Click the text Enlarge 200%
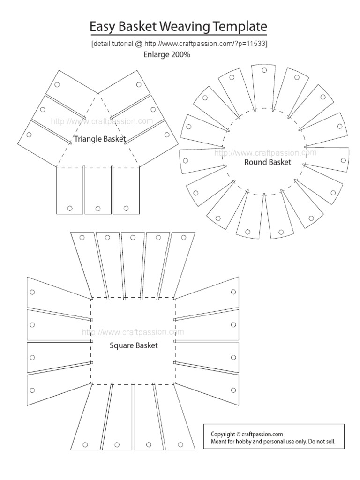point(166,54)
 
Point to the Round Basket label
point(268,162)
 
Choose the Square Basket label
point(134,346)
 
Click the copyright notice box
point(274,437)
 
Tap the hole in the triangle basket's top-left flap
point(57,85)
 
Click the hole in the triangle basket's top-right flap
point(139,85)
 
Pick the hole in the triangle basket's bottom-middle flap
point(98,208)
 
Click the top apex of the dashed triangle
point(98,94)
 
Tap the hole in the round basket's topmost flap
point(264,71)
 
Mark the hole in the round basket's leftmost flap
point(186,160)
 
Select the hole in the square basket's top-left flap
point(82,237)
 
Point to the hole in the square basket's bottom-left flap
point(85,444)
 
